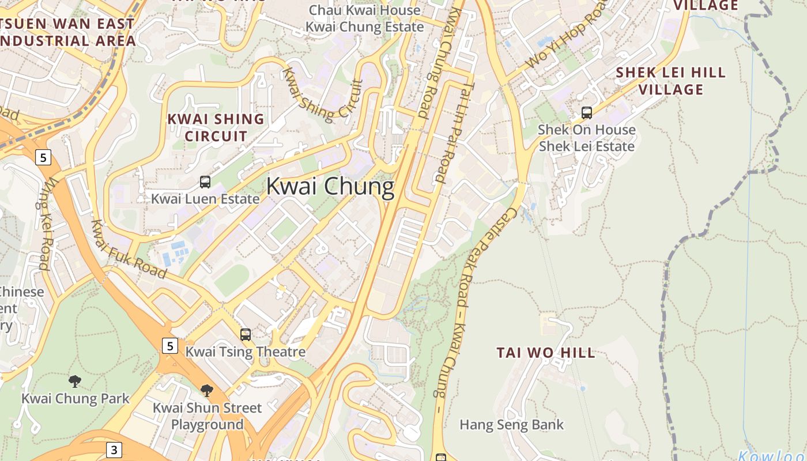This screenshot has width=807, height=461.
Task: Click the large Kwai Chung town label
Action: [330, 187]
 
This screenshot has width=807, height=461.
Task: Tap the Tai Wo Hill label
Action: [546, 353]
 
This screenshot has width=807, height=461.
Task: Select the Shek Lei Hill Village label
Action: [671, 81]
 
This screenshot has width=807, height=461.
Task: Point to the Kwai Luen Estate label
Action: [205, 199]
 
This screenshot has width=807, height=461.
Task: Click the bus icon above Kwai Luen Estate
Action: [205, 182]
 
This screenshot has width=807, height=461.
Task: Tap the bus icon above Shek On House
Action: [587, 113]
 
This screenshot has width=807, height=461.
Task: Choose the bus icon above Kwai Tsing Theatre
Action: [246, 334]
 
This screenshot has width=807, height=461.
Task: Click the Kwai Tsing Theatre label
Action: [246, 351]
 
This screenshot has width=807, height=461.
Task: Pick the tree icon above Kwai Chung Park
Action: [74, 381]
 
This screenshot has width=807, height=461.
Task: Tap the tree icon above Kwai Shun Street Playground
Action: [207, 391]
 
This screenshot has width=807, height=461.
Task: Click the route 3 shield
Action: [114, 449]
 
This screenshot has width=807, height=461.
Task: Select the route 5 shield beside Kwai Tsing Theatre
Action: [169, 346]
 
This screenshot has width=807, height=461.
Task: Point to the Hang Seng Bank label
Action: [511, 425]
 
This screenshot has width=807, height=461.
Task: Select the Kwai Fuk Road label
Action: [129, 250]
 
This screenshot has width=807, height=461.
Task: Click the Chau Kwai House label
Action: [365, 10]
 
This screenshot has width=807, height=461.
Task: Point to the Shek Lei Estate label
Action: [586, 146]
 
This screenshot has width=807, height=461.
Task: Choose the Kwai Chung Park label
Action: [76, 398]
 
